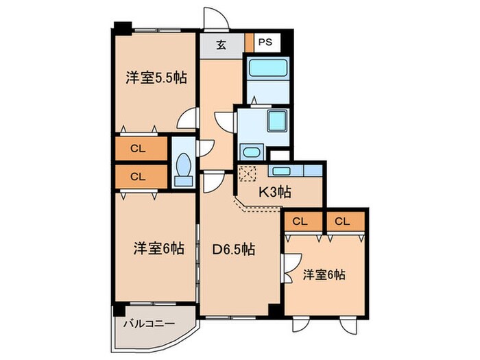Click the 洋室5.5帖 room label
point(156,77)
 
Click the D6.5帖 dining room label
point(233,250)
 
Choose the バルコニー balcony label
point(149,323)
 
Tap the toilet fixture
point(183,168)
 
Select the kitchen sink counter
point(296,169)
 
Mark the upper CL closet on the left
point(139,149)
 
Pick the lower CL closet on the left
point(139,176)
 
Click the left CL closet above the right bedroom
point(300,221)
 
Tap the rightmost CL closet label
point(343,221)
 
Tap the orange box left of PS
point(250,42)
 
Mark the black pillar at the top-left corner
point(122,29)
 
